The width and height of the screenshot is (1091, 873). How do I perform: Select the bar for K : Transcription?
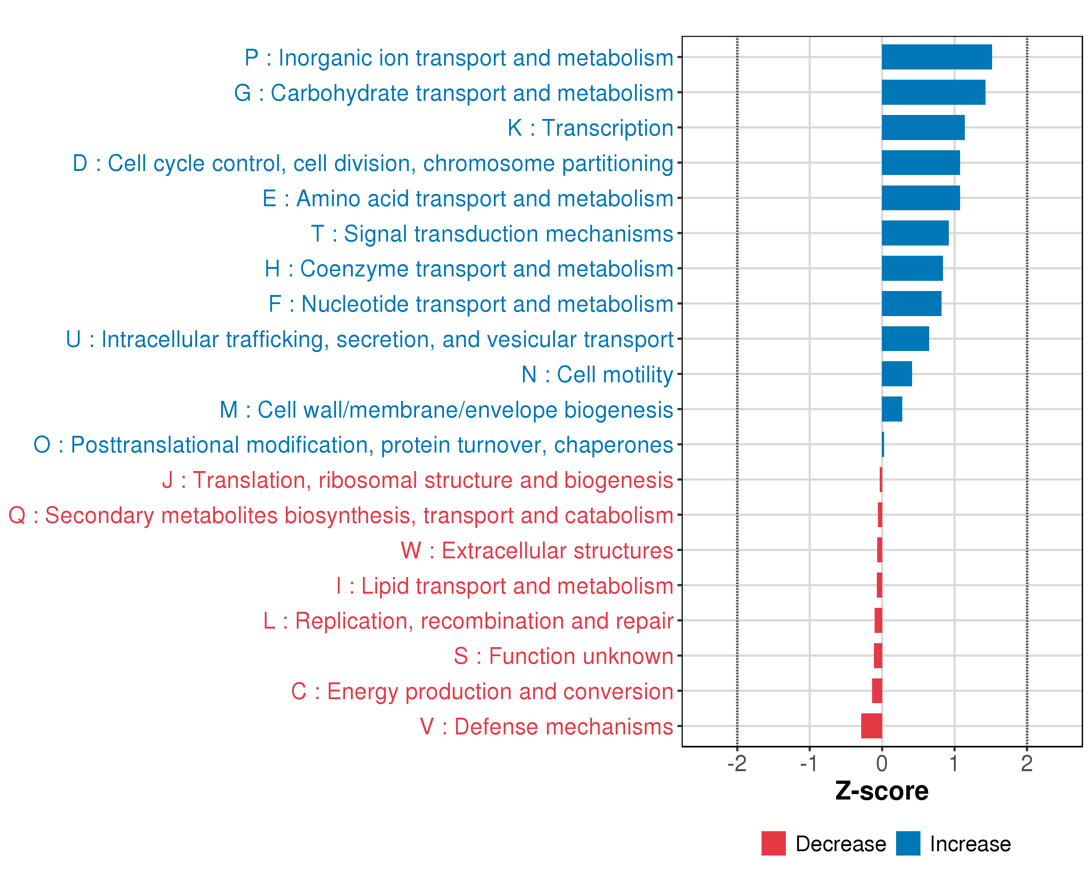(923, 128)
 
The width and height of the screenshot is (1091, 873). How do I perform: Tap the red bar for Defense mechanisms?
(871, 726)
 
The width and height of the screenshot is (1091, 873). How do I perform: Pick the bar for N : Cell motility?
(897, 374)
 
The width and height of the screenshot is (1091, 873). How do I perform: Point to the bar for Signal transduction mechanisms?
(915, 233)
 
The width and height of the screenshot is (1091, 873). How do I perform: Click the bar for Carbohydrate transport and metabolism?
(933, 92)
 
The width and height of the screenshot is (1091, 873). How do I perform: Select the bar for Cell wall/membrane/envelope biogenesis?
(892, 409)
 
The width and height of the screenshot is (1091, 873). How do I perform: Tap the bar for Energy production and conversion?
(877, 691)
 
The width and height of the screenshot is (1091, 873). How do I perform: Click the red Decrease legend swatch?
(773, 844)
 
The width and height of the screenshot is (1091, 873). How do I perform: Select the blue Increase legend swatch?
(908, 844)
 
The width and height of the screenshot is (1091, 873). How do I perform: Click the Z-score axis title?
(882, 791)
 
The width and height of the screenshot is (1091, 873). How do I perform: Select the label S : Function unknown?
(563, 657)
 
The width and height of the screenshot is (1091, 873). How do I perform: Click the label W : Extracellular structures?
(537, 551)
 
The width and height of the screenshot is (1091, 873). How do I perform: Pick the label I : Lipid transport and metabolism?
(504, 586)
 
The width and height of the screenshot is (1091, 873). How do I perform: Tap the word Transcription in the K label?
(608, 128)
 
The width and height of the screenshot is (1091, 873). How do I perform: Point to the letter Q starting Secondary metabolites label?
(17, 516)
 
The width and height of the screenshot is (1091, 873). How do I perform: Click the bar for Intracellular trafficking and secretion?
(905, 339)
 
